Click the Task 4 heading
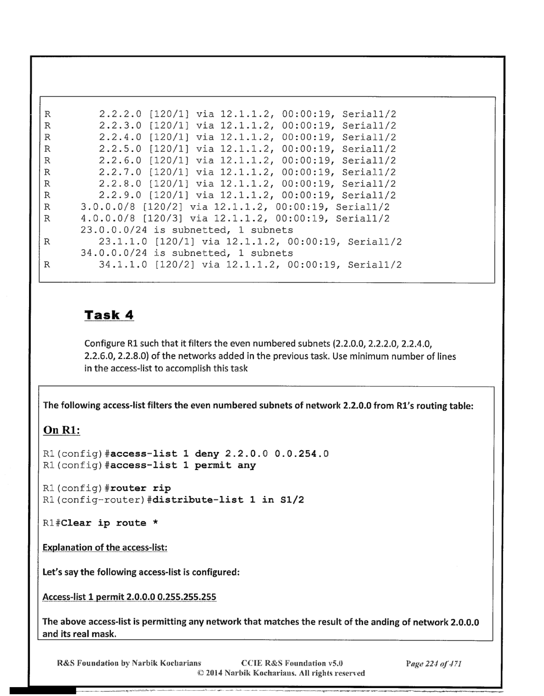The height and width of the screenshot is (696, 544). tap(109, 315)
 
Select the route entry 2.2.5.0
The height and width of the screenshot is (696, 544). tap(120, 149)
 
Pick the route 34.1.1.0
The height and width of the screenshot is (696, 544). tap(123, 265)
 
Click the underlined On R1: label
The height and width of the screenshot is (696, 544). tap(61, 430)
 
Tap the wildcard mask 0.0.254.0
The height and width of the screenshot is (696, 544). tap(302, 454)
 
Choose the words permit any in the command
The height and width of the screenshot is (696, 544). tap(225, 465)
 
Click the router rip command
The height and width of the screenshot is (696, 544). tap(140, 489)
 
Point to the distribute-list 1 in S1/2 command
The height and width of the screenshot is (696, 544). tap(228, 500)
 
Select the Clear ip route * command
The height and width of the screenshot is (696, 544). tap(109, 523)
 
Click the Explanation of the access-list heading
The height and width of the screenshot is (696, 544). tap(105, 547)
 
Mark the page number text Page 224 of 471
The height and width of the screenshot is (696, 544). tap(433, 663)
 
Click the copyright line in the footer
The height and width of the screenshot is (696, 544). tap(281, 673)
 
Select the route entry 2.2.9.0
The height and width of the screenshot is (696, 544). tap(120, 195)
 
